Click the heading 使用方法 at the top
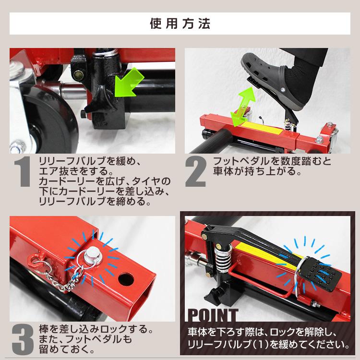(180, 23)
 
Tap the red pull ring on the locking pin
(36, 262)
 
